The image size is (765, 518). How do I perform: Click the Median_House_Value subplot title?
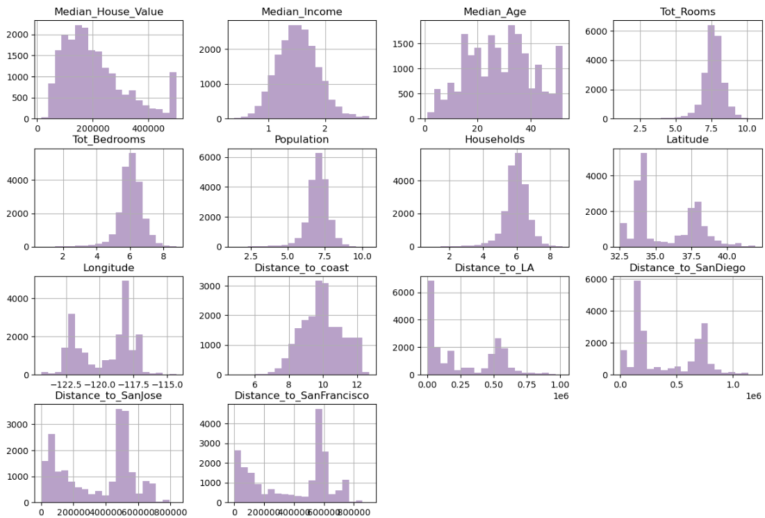(105, 12)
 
